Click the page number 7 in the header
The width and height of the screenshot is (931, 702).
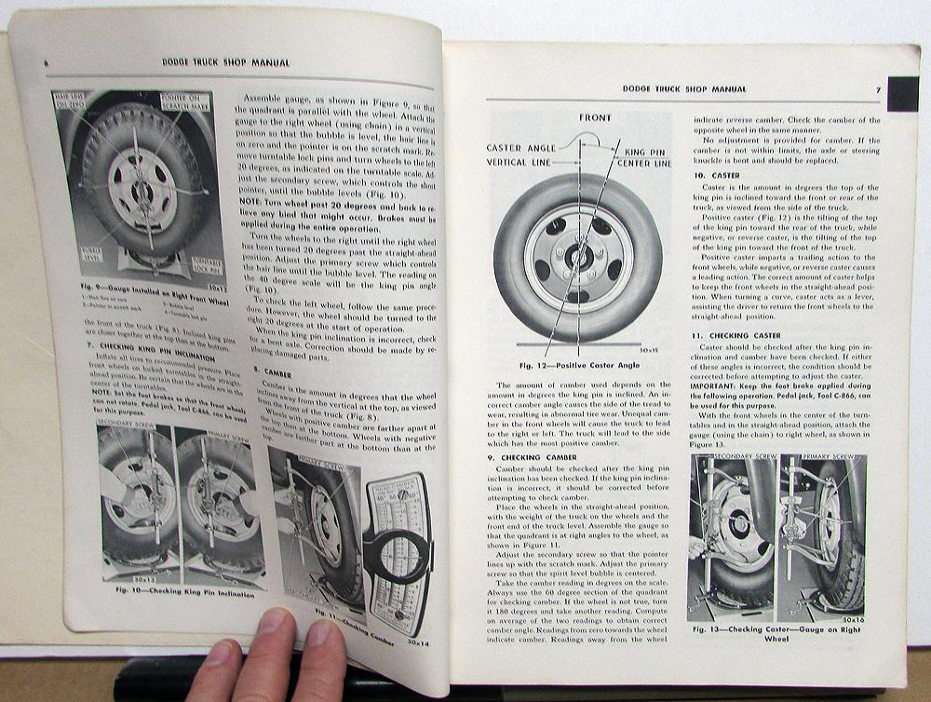pyautogui.click(x=877, y=90)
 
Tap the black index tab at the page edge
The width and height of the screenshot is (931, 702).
pyautogui.click(x=902, y=94)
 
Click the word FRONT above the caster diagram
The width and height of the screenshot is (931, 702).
pyautogui.click(x=595, y=119)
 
